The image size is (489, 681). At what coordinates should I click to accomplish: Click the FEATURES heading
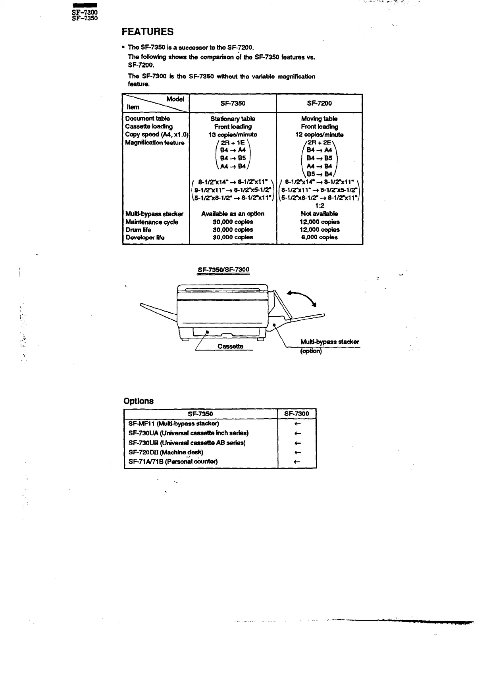(x=148, y=32)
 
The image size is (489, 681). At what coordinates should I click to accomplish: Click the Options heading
(x=139, y=401)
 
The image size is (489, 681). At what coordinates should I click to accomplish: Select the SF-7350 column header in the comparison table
(x=233, y=104)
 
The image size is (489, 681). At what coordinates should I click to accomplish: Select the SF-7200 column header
(x=320, y=104)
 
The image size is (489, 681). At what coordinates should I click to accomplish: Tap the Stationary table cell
(x=233, y=119)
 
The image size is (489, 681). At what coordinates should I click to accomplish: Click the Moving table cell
(x=319, y=119)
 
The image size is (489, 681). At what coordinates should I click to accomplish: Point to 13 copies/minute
(x=233, y=135)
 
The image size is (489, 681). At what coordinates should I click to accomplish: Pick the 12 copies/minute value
(x=319, y=135)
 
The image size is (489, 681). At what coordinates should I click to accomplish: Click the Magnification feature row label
(x=155, y=142)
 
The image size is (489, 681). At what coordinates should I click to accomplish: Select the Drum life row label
(x=138, y=230)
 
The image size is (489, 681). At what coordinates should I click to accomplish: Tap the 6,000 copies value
(x=320, y=237)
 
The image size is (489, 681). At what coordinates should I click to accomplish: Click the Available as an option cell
(x=233, y=214)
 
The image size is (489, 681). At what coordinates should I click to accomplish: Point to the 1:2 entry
(x=320, y=206)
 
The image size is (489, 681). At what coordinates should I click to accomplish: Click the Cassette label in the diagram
(x=230, y=346)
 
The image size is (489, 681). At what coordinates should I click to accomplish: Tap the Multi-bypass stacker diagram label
(x=329, y=342)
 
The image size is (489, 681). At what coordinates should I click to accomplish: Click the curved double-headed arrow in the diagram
(x=302, y=298)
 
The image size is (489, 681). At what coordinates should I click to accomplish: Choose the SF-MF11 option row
(x=174, y=423)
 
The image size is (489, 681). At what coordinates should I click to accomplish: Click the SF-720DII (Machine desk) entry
(x=166, y=452)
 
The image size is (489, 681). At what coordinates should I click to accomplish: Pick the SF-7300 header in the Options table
(x=296, y=414)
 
